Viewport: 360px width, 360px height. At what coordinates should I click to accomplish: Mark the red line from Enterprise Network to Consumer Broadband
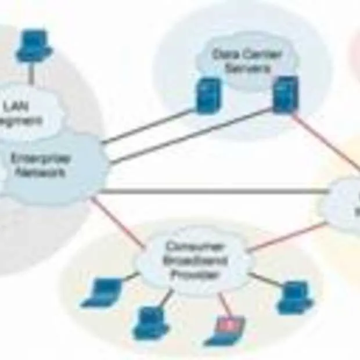click(x=119, y=224)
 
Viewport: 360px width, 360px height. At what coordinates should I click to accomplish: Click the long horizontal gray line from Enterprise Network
click(x=215, y=192)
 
